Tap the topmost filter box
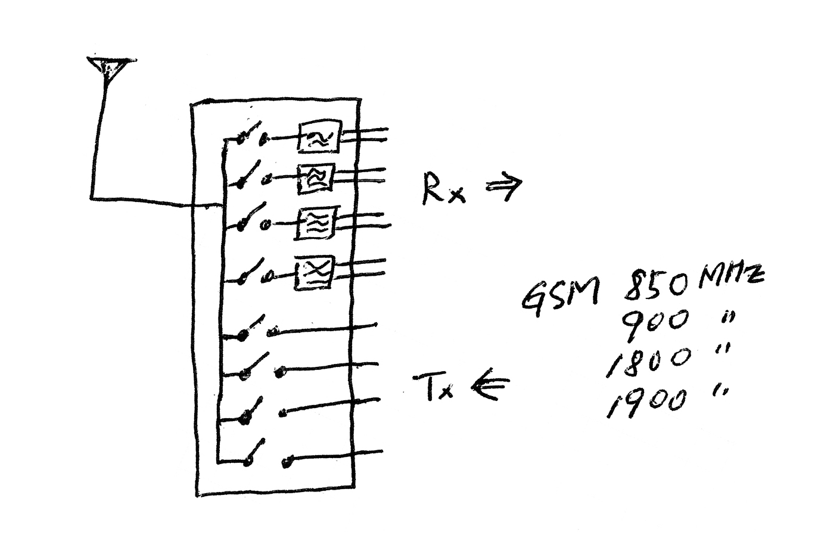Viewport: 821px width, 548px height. pos(319,136)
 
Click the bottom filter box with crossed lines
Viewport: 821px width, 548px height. pos(315,272)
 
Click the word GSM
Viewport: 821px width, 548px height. pos(559,295)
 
